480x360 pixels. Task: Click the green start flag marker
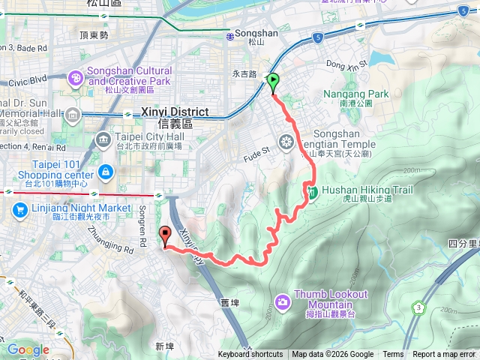[x=273, y=82]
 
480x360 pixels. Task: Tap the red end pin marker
[x=166, y=236]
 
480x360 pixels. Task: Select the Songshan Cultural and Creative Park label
[x=130, y=76]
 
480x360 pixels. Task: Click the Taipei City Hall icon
[x=104, y=138]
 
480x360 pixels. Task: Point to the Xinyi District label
[x=174, y=112]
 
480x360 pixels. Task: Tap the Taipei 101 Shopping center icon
[x=106, y=173]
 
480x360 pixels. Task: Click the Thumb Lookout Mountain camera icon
[x=282, y=301]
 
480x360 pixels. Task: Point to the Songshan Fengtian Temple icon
[x=286, y=141]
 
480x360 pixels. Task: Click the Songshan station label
[x=256, y=34]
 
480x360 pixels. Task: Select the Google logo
[x=28, y=349]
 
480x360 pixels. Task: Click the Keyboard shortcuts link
[x=250, y=355]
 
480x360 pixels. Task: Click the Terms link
[x=393, y=355]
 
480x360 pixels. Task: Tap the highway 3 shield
[x=418, y=307]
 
